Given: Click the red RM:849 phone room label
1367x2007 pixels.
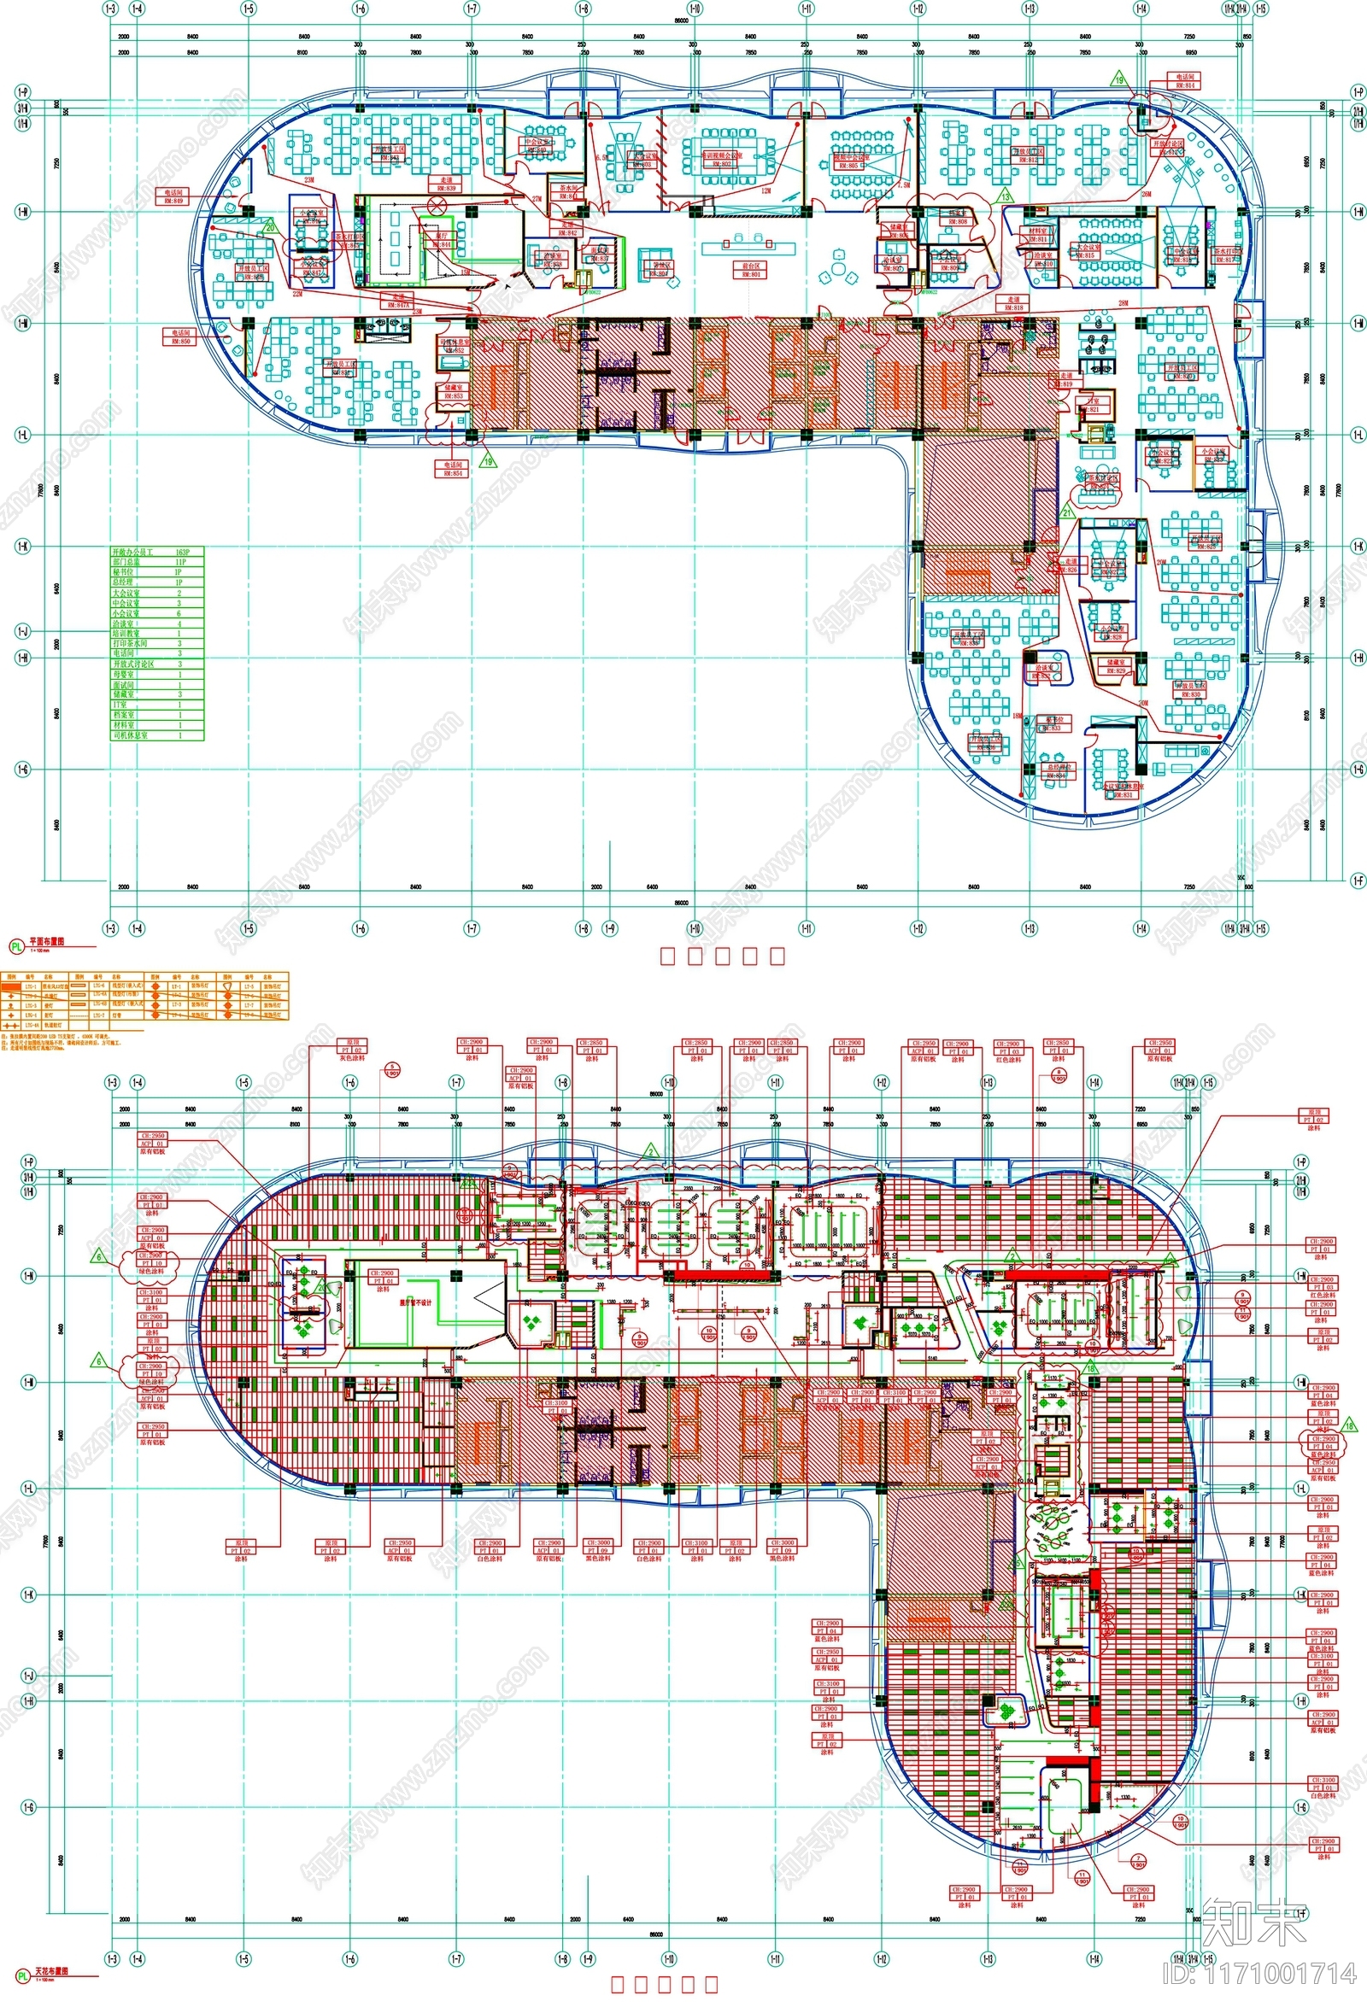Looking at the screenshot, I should point(173,197).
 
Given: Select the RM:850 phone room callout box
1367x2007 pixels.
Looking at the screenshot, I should point(179,336).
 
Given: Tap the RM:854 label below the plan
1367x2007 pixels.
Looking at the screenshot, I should point(453,469).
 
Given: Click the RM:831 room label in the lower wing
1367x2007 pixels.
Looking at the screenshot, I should point(1123,792).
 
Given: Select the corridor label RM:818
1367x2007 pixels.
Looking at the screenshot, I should point(1012,303).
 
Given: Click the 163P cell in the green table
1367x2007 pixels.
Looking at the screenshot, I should point(182,551).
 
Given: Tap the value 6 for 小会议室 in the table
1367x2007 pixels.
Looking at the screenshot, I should point(179,613).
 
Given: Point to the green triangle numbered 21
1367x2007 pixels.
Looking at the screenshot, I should point(1067,513).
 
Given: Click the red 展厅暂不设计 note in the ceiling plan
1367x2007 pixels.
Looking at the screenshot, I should point(414,1302).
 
